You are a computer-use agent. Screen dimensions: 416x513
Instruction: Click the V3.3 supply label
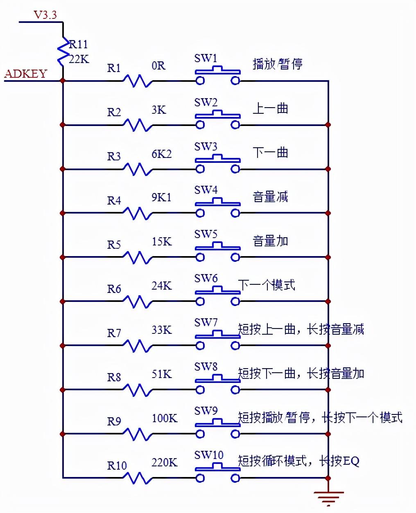click(45, 15)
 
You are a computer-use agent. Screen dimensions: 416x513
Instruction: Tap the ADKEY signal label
click(25, 74)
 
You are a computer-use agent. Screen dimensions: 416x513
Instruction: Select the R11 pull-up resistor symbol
click(63, 52)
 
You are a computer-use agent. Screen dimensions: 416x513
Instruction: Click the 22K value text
click(79, 59)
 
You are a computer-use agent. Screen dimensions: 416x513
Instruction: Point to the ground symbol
click(328, 497)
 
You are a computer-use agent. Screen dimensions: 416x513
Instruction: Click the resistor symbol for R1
click(137, 81)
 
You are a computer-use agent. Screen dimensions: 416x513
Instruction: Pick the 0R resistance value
click(158, 65)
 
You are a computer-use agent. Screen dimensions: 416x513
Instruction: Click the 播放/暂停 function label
click(278, 64)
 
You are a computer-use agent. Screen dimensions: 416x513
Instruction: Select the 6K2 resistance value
click(161, 154)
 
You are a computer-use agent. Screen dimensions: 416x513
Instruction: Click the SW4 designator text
click(206, 190)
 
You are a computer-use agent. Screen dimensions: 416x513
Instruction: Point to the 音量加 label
click(270, 241)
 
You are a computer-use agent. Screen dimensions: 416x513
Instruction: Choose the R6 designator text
click(114, 289)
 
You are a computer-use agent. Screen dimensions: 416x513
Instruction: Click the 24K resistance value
click(161, 286)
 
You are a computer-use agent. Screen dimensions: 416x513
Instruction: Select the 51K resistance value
click(161, 374)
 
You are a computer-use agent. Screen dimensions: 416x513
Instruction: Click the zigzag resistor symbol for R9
click(137, 434)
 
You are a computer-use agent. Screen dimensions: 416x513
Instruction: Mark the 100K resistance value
click(165, 418)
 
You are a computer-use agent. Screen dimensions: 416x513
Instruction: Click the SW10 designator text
click(209, 455)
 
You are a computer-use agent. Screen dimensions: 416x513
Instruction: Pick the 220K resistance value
click(165, 462)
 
